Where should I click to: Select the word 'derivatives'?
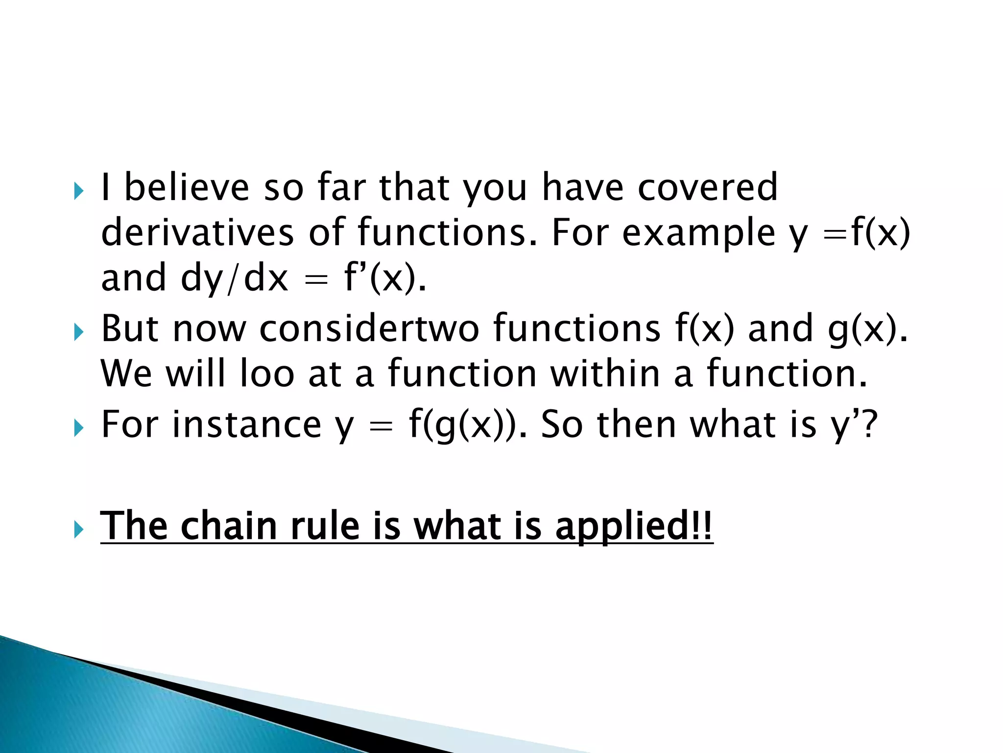coord(197,232)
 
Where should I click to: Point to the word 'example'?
coord(698,233)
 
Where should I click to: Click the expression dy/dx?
coord(234,278)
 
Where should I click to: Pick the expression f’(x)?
coord(385,278)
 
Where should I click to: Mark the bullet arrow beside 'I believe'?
coord(78,191)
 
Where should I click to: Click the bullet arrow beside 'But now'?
coord(78,333)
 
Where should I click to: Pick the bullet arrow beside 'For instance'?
coord(78,429)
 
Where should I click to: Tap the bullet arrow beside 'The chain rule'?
coord(78,530)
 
